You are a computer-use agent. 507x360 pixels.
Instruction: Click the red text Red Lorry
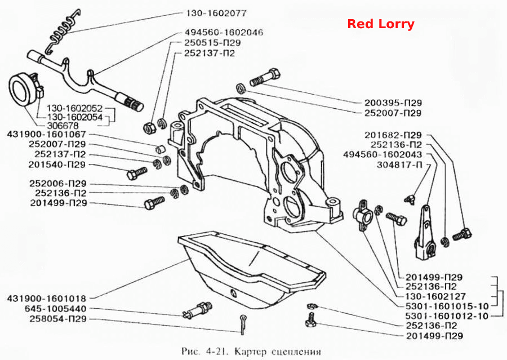point(381,24)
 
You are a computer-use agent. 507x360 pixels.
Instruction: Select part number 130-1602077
point(216,13)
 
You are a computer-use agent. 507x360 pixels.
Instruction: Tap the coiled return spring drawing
point(63,31)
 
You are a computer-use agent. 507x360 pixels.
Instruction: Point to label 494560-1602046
point(224,32)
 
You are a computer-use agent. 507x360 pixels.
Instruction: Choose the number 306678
point(63,126)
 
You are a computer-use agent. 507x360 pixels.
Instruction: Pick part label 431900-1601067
point(46,134)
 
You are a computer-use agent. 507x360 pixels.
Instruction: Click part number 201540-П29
point(57,165)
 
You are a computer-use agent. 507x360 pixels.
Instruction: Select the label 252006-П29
point(58,184)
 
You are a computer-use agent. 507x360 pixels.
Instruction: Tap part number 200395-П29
point(393,103)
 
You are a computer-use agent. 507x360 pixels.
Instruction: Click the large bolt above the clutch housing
point(265,77)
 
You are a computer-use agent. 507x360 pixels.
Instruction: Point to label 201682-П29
point(393,135)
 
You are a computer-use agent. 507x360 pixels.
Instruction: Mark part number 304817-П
point(399,165)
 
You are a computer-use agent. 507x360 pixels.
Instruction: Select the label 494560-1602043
point(383,154)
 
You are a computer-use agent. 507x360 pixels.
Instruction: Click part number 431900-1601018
point(47,298)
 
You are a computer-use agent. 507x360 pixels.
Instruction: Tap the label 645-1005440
point(55,309)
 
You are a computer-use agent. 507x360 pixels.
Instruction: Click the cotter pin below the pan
point(243,324)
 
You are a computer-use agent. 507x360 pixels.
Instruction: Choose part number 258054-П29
point(58,319)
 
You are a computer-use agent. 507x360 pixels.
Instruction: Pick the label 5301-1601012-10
point(447,316)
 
